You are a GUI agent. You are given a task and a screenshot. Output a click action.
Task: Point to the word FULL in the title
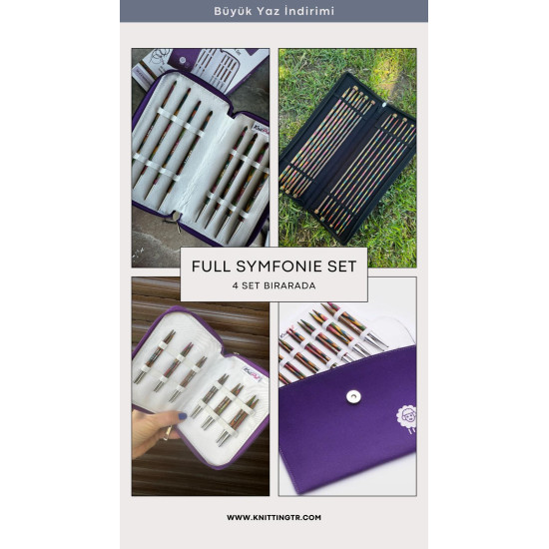[x=212, y=267]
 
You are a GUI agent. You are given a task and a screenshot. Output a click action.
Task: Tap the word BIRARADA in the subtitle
[x=289, y=285]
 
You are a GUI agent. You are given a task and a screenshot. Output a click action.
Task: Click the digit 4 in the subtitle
[x=236, y=285]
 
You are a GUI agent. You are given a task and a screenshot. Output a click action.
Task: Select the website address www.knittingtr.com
[x=274, y=517]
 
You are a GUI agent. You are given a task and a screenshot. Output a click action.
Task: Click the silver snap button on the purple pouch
[x=353, y=396]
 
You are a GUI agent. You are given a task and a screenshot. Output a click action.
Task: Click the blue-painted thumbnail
[x=183, y=416]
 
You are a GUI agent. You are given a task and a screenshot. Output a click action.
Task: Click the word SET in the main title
[x=341, y=267]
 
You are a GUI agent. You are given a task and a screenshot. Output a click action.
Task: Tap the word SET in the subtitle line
[x=251, y=285]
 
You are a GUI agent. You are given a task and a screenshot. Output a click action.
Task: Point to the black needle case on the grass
[x=347, y=158]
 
